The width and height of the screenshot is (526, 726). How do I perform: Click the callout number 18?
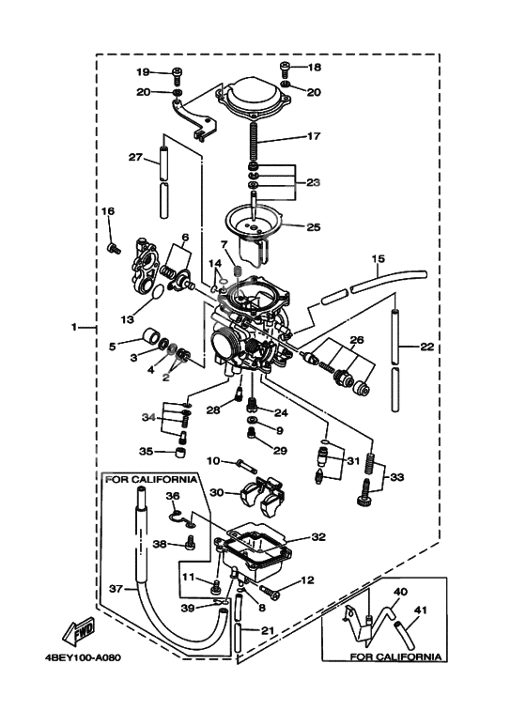tap(314, 68)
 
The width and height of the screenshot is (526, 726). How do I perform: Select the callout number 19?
tap(142, 72)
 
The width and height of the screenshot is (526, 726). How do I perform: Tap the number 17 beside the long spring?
tap(314, 136)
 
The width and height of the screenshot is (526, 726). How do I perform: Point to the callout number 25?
tap(314, 226)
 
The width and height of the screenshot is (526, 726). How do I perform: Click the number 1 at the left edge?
tap(73, 328)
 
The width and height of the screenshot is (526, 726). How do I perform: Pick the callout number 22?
tap(426, 347)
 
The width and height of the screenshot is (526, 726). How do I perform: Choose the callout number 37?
tap(116, 589)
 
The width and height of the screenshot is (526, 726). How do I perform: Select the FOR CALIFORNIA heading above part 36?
tap(151, 479)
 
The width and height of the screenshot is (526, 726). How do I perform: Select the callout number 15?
tap(378, 258)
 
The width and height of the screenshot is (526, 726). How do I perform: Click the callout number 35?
tap(146, 451)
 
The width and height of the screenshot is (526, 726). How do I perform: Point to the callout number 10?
tap(213, 460)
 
